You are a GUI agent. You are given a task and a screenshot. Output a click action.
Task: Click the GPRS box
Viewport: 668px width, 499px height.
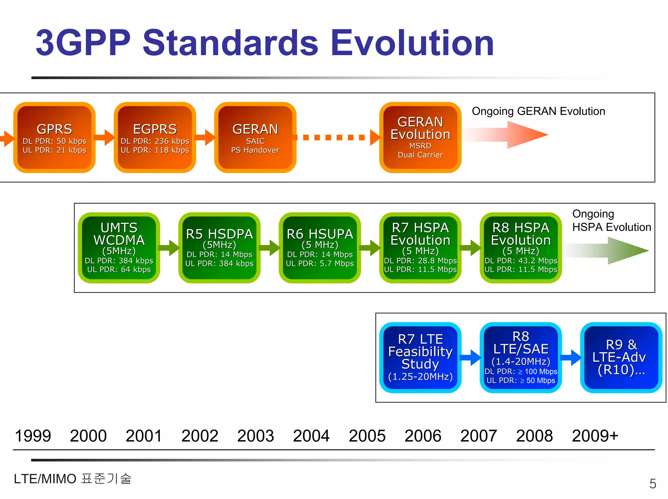click(x=54, y=138)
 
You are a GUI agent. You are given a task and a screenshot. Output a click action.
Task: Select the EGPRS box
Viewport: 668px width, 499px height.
click(x=155, y=138)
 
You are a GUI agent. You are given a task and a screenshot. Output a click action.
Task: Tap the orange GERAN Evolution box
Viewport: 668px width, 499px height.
click(x=420, y=138)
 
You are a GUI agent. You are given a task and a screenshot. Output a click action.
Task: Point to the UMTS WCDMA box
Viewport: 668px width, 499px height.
click(x=119, y=248)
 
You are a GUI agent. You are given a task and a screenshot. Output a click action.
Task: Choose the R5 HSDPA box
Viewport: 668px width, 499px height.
click(x=219, y=248)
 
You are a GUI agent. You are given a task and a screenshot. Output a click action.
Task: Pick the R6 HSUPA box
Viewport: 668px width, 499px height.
click(x=320, y=248)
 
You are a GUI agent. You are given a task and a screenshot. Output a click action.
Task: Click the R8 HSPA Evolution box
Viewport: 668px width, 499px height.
click(x=521, y=248)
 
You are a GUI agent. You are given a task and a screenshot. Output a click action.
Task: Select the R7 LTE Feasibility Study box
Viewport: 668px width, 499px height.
click(x=420, y=358)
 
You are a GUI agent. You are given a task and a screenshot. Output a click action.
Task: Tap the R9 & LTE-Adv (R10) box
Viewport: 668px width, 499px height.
click(x=621, y=358)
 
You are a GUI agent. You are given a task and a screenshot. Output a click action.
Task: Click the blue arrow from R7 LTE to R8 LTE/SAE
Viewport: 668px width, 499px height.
click(x=470, y=358)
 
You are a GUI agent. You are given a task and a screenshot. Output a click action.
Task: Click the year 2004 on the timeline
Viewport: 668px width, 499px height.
click(x=311, y=436)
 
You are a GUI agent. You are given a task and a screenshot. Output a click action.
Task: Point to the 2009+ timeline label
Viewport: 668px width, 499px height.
click(x=595, y=436)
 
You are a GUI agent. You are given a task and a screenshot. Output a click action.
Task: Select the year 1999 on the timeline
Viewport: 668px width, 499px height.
click(x=33, y=436)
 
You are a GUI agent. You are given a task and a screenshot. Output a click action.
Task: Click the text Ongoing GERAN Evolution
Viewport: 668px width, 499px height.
click(x=538, y=111)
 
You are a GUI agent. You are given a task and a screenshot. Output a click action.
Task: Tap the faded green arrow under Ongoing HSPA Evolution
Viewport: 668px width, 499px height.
click(x=607, y=251)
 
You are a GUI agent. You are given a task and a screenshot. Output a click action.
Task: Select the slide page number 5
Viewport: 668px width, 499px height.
click(x=653, y=484)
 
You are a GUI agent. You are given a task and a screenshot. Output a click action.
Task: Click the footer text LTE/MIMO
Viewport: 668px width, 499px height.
click(x=45, y=479)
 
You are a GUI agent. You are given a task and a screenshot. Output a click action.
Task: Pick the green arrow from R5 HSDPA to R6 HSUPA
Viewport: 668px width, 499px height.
click(x=270, y=248)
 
